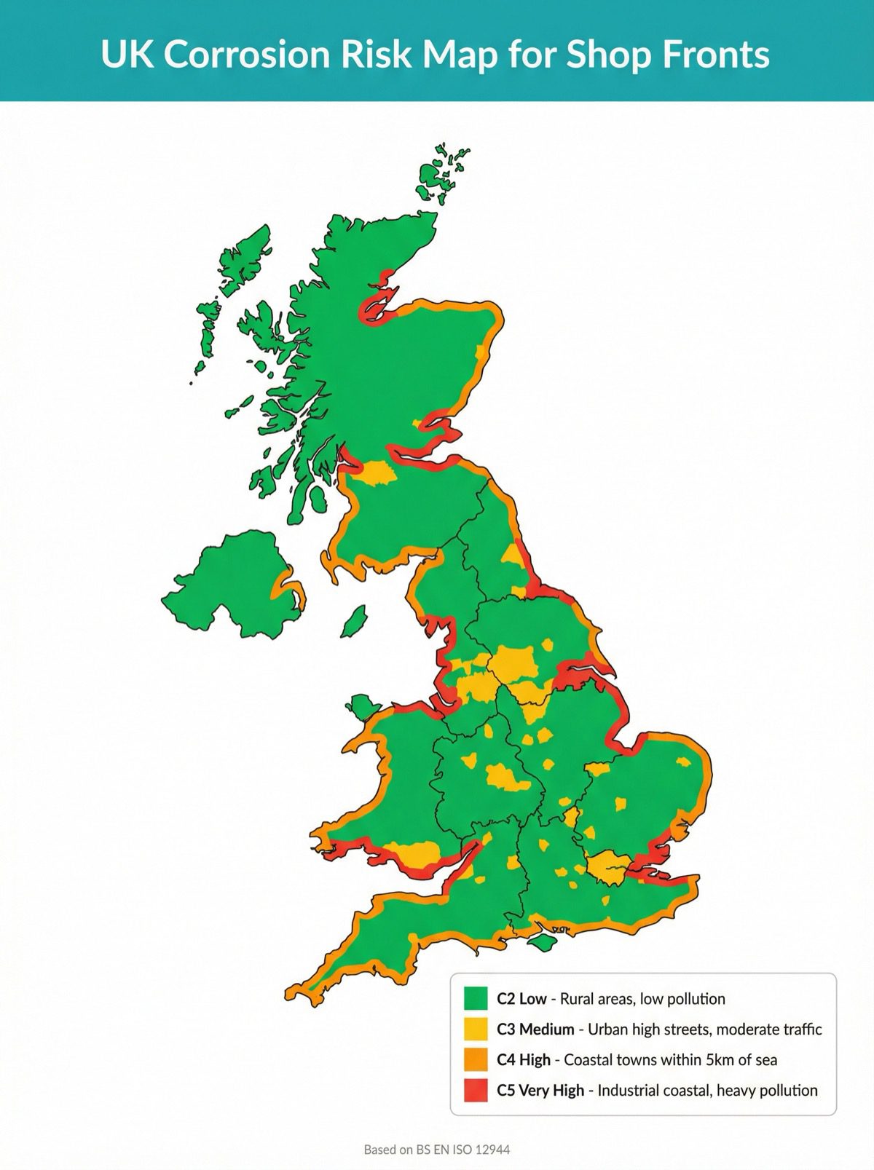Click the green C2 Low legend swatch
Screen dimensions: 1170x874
(475, 998)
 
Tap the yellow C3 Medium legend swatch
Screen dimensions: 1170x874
(475, 1029)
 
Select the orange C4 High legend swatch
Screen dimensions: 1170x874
(475, 1059)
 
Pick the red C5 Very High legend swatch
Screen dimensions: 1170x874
(475, 1090)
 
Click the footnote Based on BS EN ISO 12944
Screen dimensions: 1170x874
(436, 1150)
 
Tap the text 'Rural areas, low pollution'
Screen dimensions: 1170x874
(642, 998)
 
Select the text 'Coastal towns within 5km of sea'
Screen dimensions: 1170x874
(670, 1059)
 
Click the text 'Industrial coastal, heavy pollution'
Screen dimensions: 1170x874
(707, 1090)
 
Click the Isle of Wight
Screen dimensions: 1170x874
(540, 942)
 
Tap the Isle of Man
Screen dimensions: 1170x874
(354, 621)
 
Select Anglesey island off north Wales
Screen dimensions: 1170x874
(361, 705)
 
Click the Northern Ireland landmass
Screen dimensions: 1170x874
(226, 582)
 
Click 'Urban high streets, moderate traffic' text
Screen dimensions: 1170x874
(704, 1029)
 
